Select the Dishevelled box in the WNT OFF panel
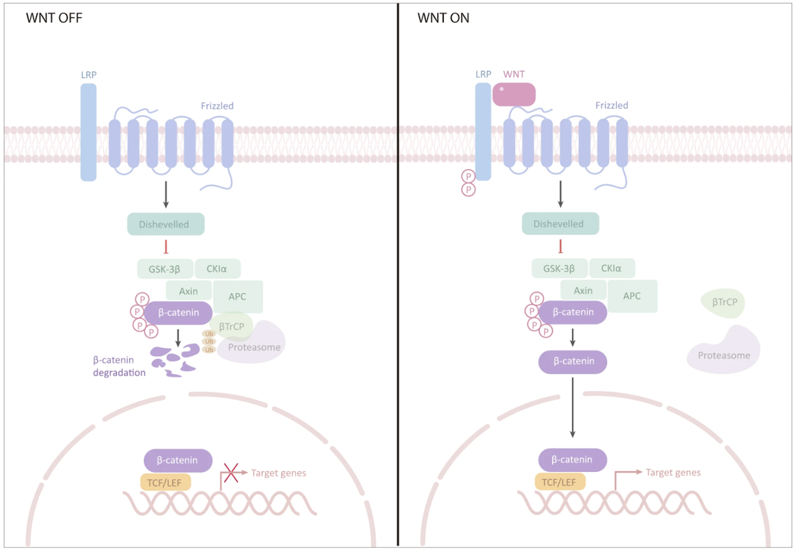(x=166, y=224)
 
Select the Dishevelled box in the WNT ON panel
(x=560, y=223)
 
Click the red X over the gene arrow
(x=232, y=473)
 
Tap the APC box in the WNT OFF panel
(x=238, y=297)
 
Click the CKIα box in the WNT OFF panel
(x=218, y=268)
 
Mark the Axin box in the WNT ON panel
(x=583, y=290)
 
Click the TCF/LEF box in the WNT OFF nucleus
(x=165, y=482)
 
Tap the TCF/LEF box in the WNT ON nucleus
(x=560, y=481)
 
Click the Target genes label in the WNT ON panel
(x=673, y=473)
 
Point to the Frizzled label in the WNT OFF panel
(x=217, y=106)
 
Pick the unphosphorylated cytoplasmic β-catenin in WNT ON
(x=573, y=362)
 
